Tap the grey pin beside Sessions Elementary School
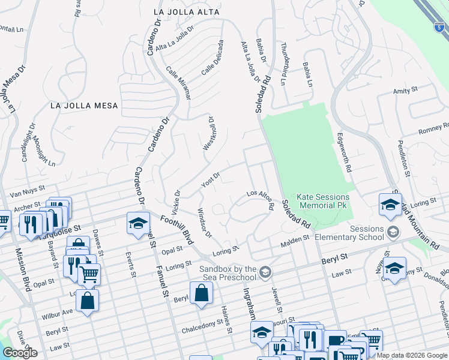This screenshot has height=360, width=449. tap(393, 232)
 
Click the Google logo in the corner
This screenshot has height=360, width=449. tap(20, 353)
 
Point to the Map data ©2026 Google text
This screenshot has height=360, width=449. tap(412, 355)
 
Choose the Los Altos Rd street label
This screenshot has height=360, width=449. tap(261, 200)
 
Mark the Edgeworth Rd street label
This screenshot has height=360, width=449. tap(343, 153)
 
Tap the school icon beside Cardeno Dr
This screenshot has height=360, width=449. tap(137, 224)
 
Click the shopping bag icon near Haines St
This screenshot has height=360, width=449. tap(201, 293)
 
